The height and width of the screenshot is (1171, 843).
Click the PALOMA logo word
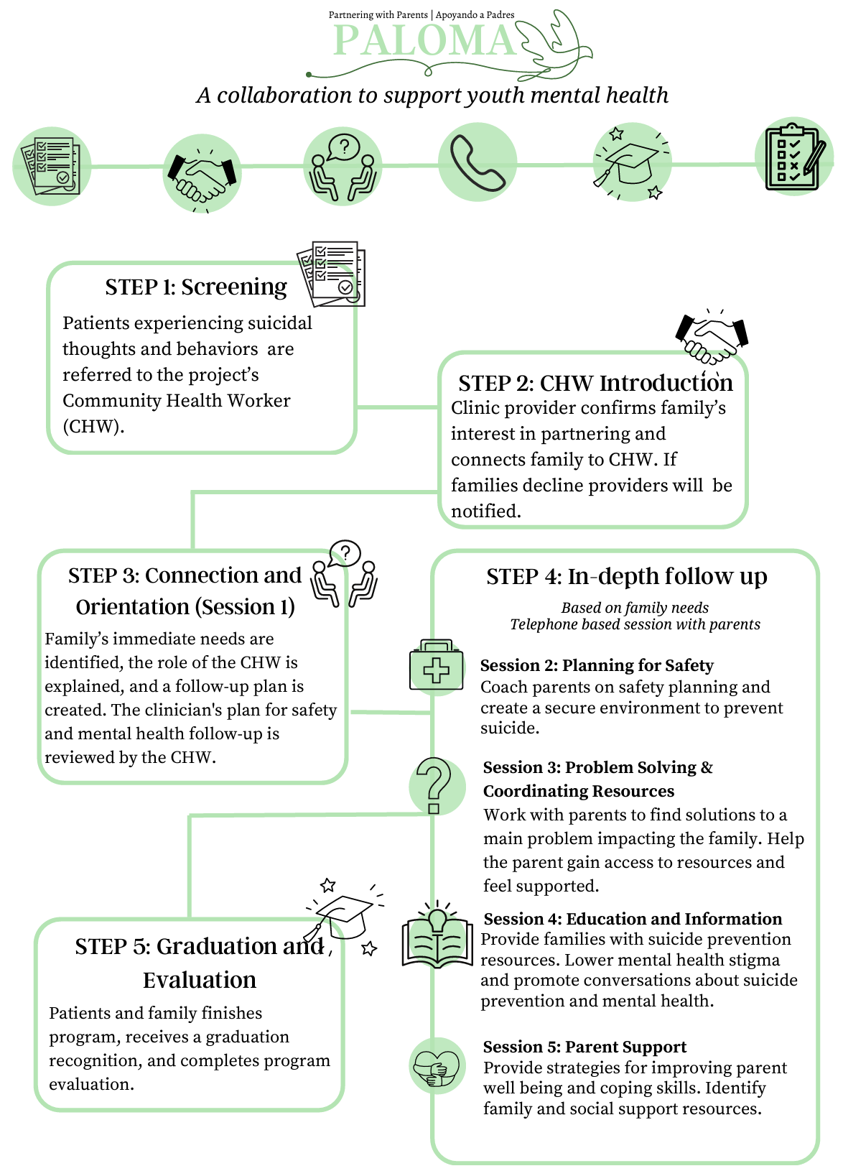425,40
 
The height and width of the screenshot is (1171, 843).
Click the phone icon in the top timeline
478,162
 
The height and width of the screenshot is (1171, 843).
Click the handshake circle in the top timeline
202,174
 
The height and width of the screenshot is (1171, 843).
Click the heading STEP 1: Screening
196,287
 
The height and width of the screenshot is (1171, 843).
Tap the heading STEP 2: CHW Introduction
595,383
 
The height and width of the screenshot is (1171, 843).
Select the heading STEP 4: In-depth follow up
627,576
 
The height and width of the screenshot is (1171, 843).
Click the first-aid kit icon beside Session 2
437,667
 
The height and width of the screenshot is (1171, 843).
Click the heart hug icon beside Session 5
437,1065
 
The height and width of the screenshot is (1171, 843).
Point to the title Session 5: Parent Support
584,1047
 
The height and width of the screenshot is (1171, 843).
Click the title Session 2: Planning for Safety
597,665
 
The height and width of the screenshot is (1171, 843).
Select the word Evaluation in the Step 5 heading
200,980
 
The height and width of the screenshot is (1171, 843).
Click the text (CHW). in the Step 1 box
93,426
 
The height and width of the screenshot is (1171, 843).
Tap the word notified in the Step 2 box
486,511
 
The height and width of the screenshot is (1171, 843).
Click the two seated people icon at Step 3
344,573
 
